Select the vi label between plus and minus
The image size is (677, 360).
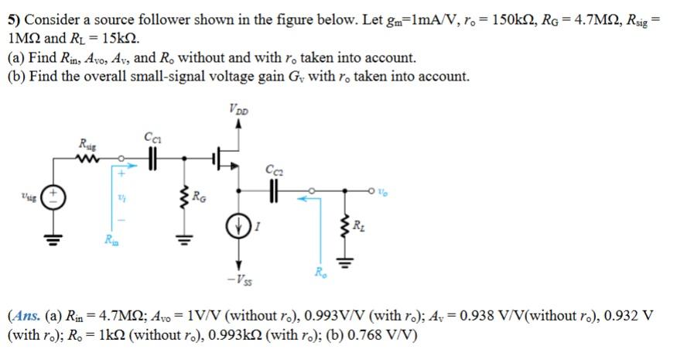point(121,198)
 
